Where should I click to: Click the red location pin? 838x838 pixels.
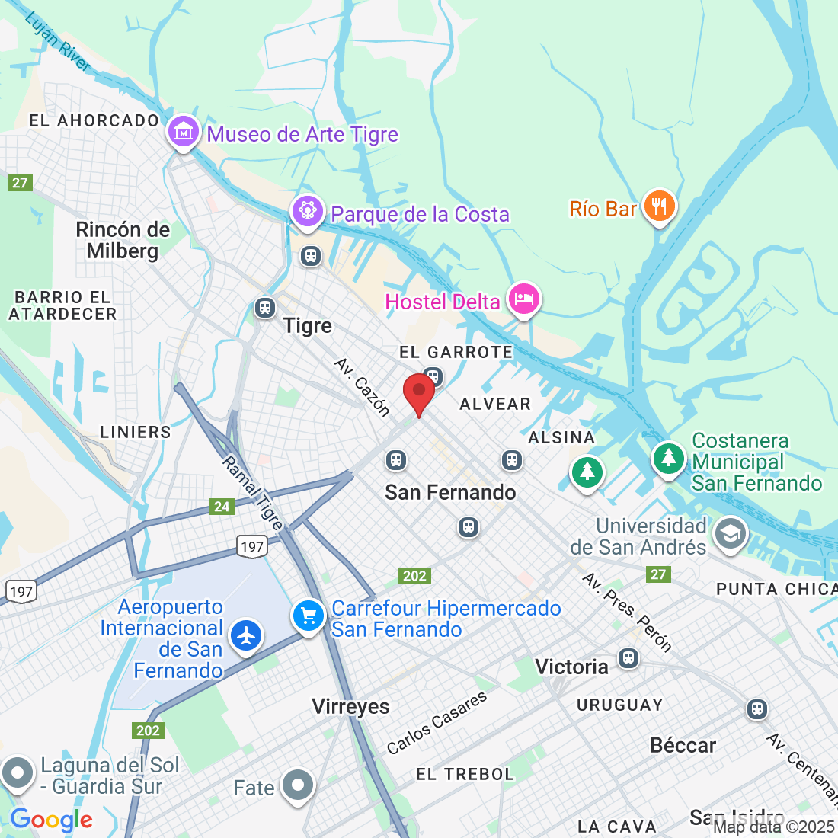pos(418,392)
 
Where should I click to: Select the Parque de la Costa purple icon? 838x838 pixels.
pos(308,209)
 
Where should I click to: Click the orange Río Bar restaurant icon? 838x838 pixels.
pos(659,206)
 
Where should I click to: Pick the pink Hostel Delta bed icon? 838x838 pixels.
pos(523,299)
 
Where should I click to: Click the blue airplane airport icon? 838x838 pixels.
pos(246,635)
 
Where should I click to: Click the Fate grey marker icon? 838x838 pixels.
pos(297,785)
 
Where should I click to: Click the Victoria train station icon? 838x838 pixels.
pos(628,658)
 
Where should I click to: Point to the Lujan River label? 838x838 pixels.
pos(58,43)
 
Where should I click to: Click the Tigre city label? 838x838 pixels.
pos(308,326)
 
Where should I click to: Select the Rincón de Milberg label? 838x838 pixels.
pos(123,240)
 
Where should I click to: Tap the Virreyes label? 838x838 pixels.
pos(350,707)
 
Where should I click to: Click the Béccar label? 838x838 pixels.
pos(683,745)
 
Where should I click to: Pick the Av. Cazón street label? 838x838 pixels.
pos(363,387)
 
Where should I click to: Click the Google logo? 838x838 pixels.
pos(51,820)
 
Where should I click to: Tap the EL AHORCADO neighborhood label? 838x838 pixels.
pos(94,120)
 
